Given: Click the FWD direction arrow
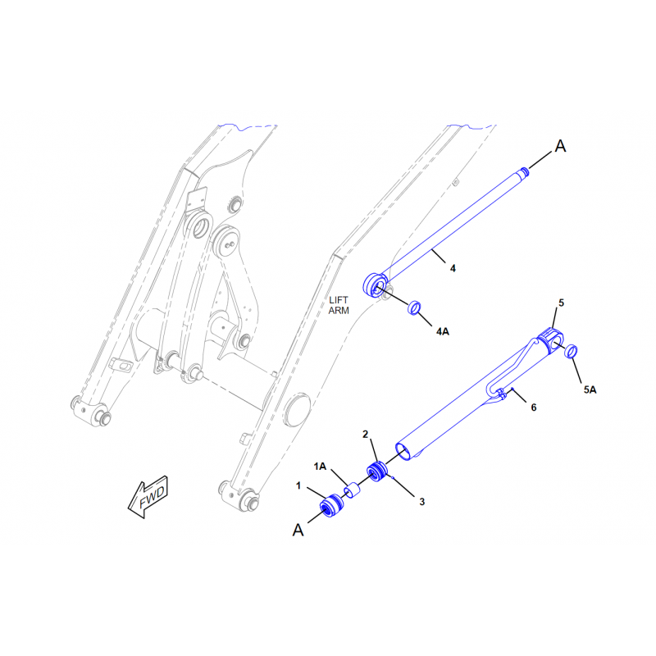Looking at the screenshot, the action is click(148, 497).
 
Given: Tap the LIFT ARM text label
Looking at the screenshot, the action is click(339, 305).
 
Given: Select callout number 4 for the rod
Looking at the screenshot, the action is click(453, 268).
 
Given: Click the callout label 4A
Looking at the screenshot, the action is click(443, 331).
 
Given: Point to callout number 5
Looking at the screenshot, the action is click(561, 303).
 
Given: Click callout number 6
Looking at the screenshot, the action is click(534, 407).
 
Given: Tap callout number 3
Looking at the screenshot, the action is click(421, 501).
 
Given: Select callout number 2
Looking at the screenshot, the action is click(365, 435).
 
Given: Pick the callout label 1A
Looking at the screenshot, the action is click(320, 466).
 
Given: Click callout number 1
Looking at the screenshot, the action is click(298, 485).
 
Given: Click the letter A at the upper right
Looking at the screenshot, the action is click(560, 146).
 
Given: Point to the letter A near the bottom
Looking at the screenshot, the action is click(298, 530).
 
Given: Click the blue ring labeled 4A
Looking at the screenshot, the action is click(414, 307).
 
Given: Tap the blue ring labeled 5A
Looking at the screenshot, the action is click(571, 351).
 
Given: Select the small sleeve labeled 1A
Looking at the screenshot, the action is click(352, 490).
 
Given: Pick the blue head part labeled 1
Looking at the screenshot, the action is click(332, 505).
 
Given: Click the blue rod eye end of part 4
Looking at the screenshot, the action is click(376, 285).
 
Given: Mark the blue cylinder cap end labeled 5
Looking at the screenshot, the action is click(551, 340).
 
